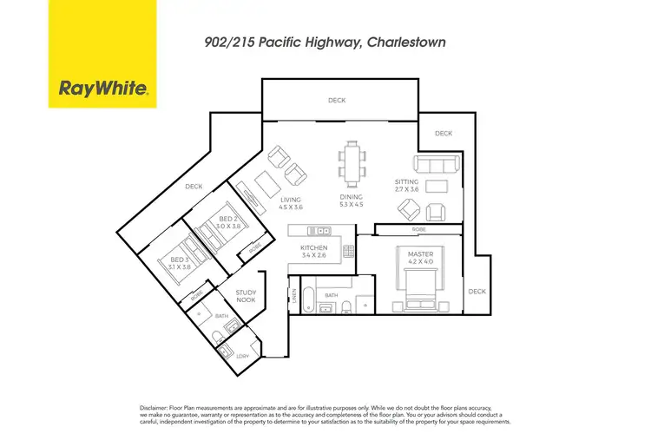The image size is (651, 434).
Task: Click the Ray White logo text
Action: click(102, 88)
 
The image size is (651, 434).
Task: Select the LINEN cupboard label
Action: click(293, 299)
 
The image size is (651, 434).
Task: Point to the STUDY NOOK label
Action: click(246, 298)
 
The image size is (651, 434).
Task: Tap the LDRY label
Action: click(228, 356)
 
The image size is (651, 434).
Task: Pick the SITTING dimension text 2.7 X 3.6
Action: click(407, 189)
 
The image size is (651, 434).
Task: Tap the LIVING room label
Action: click(266, 200)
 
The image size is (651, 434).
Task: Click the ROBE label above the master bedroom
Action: click(418, 230)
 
